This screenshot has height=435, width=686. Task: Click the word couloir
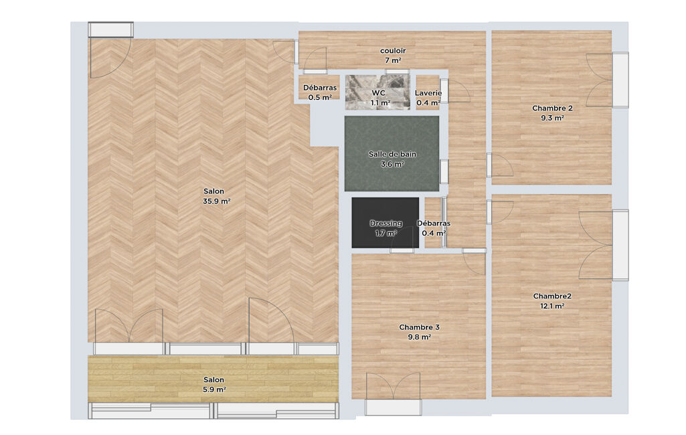click(393, 51)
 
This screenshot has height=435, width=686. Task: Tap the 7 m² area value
click(393, 60)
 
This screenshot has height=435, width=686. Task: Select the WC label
click(378, 93)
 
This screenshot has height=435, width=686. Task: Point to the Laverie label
click(428, 93)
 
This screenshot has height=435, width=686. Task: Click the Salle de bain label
click(392, 154)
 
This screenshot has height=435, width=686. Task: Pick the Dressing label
click(386, 224)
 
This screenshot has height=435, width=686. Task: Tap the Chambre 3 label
click(419, 327)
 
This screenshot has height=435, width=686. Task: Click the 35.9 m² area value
click(217, 201)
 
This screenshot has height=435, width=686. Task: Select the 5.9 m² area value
click(214, 389)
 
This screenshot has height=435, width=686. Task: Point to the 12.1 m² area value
click(552, 306)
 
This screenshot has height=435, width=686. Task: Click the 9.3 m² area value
click(552, 118)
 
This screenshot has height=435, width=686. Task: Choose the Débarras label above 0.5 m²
click(320, 88)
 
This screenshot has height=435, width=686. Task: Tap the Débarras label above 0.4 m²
click(434, 224)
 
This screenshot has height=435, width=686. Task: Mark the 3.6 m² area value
click(392, 164)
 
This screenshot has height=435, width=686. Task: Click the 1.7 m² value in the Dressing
click(386, 234)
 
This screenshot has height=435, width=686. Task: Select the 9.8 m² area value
click(420, 337)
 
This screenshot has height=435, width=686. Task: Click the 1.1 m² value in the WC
click(380, 103)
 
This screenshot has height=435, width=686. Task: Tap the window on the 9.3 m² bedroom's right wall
click(620, 80)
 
